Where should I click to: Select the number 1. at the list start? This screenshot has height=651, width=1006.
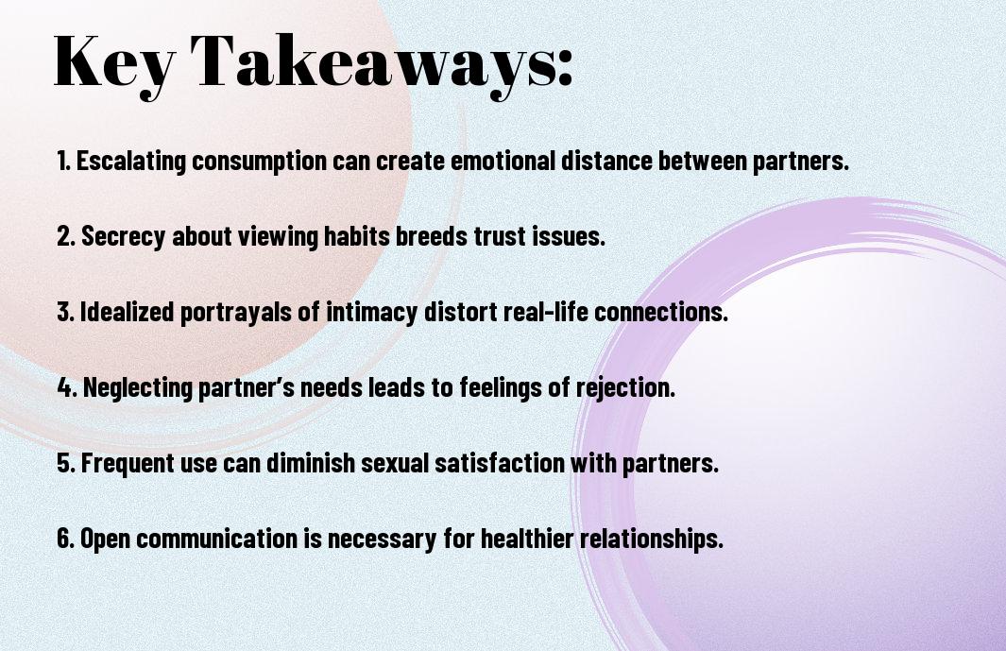[64, 161]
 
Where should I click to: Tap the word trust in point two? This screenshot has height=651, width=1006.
[472, 236]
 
